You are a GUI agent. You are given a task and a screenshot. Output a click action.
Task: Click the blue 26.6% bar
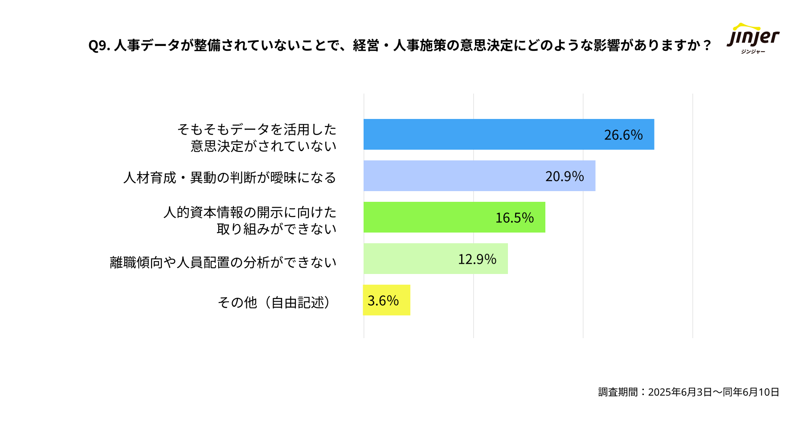[481, 135]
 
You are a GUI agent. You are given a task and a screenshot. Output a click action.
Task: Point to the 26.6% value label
[623, 135]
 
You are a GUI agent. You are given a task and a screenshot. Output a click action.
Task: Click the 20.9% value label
[565, 176]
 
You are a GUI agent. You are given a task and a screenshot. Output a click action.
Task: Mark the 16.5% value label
[515, 218]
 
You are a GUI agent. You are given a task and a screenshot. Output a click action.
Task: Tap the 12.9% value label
[477, 259]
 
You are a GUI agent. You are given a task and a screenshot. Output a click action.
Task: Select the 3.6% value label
[383, 301]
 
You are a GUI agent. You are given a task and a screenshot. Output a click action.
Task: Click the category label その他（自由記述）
[274, 302]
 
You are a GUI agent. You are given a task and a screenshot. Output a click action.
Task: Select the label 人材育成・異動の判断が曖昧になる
[229, 178]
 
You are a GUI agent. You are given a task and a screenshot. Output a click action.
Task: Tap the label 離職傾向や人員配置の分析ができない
[223, 262]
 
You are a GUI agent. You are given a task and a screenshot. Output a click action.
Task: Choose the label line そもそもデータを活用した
[257, 130]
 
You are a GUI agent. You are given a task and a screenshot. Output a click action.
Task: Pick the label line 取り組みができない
[276, 229]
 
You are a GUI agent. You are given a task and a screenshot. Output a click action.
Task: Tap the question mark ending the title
[706, 45]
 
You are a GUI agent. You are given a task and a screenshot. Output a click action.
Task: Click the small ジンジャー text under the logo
[753, 52]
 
